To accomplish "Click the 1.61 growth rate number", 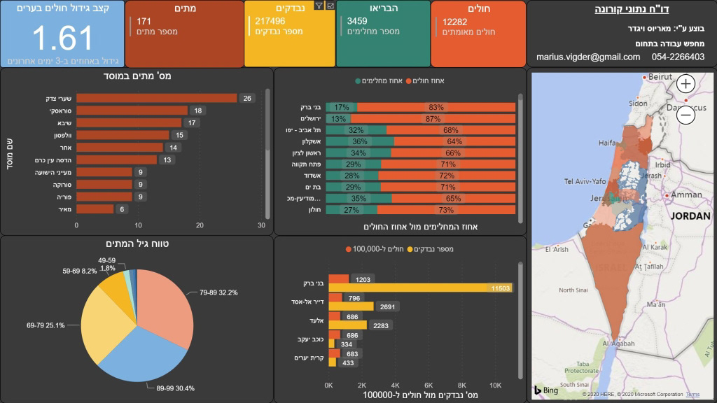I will click(62, 38).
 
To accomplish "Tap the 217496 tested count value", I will click(270, 21).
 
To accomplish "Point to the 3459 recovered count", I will click(357, 21).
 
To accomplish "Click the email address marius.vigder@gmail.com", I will click(588, 57).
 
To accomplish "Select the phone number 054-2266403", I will click(678, 57).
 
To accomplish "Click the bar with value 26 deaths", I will click(156, 98).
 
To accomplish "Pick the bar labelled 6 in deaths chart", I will click(95, 208).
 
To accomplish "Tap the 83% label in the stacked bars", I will click(436, 107).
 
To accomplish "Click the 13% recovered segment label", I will click(339, 119).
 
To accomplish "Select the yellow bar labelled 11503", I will click(420, 288).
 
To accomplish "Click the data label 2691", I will click(386, 306).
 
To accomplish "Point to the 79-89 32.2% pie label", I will click(220, 292).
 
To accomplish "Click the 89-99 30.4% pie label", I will click(175, 388).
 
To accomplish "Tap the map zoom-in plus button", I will click(685, 85).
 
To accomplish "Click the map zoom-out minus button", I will click(685, 114).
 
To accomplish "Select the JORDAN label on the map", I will click(690, 216).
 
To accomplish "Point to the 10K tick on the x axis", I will click(494, 385).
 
